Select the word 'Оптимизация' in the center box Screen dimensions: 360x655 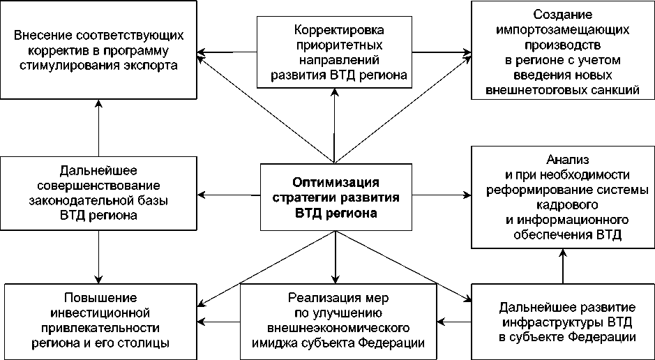pyautogui.click(x=336, y=183)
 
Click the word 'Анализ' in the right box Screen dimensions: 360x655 pyautogui.click(x=563, y=158)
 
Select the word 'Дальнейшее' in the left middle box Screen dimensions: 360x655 pyautogui.click(x=98, y=170)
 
